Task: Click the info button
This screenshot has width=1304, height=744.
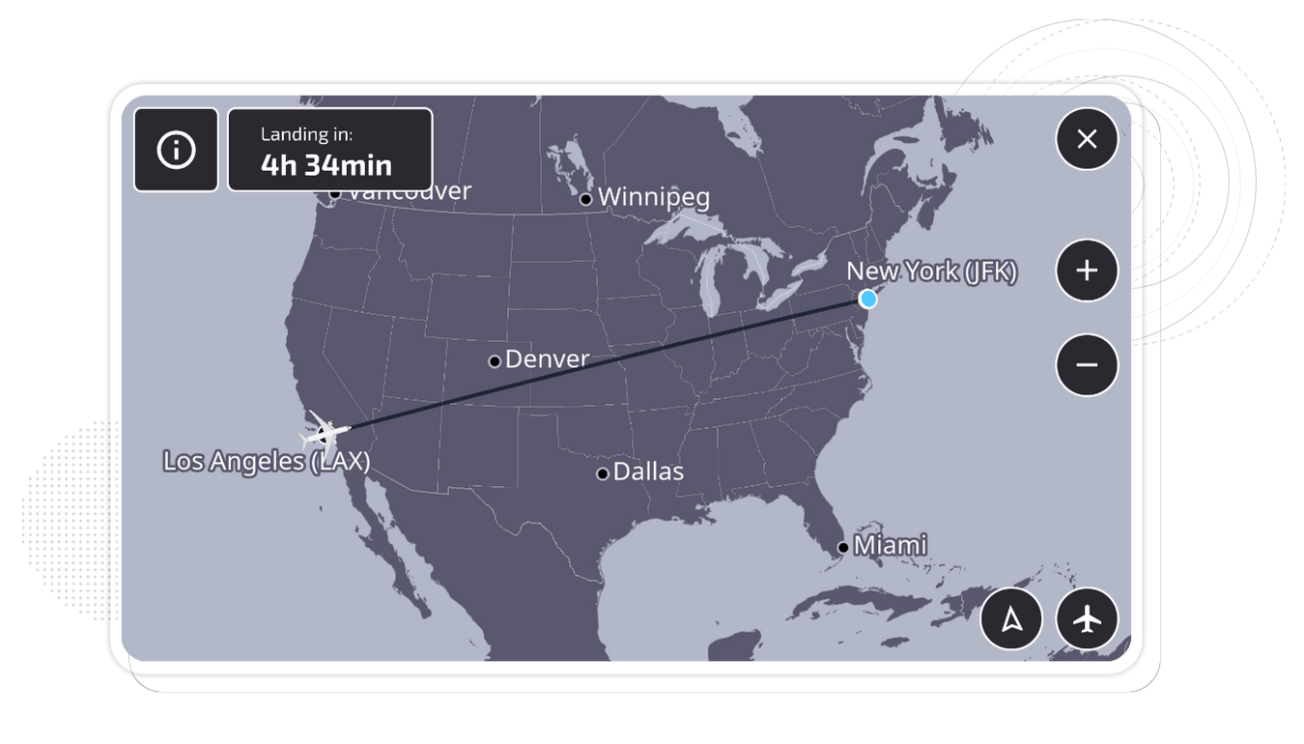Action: click(176, 150)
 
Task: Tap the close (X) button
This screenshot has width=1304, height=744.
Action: click(1087, 139)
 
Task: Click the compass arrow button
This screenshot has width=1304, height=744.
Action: click(1011, 619)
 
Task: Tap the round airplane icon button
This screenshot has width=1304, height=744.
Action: click(1088, 619)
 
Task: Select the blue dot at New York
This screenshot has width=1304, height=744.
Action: click(867, 299)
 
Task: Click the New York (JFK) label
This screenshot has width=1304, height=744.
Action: click(931, 272)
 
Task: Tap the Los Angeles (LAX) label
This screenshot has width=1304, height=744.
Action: click(266, 461)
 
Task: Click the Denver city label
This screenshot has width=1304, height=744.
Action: click(547, 359)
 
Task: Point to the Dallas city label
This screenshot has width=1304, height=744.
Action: click(648, 472)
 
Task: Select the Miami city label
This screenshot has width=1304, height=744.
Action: click(890, 546)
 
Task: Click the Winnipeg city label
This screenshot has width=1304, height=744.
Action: click(653, 197)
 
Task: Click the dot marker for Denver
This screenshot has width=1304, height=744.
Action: click(495, 361)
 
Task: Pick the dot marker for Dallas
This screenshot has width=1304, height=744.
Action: click(603, 473)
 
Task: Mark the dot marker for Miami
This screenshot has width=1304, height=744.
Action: click(843, 548)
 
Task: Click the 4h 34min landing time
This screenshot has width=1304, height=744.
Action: click(326, 165)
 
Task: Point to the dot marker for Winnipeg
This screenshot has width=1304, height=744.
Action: click(585, 199)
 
